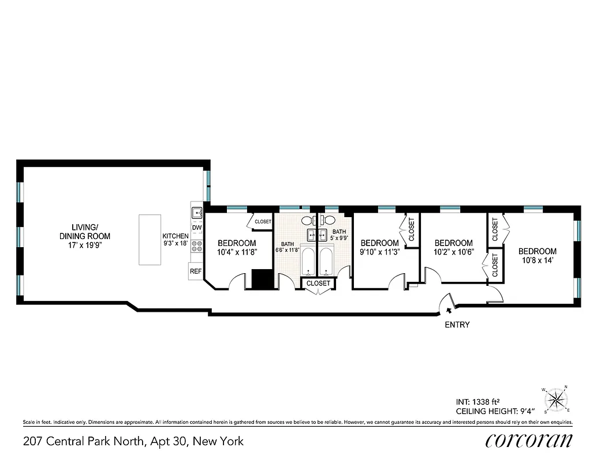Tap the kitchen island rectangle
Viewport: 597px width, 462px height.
(150, 239)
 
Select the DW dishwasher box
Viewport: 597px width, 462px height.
(197, 228)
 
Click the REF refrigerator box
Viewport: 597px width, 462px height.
(196, 271)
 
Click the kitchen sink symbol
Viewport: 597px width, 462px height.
(197, 213)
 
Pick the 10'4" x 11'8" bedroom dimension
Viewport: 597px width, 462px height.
(237, 252)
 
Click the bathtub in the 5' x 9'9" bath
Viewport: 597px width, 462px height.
(326, 262)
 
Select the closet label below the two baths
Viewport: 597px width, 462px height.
(318, 284)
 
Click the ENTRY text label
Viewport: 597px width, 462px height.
(457, 325)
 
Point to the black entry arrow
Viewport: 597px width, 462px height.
(449, 311)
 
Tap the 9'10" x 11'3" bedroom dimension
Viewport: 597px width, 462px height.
(379, 252)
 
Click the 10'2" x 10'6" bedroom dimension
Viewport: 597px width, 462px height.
(454, 252)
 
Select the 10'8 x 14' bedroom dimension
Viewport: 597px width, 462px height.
(537, 261)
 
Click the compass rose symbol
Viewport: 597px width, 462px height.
(556, 400)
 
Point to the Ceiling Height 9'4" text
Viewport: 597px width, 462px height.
(495, 411)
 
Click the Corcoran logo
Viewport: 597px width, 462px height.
(529, 441)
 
